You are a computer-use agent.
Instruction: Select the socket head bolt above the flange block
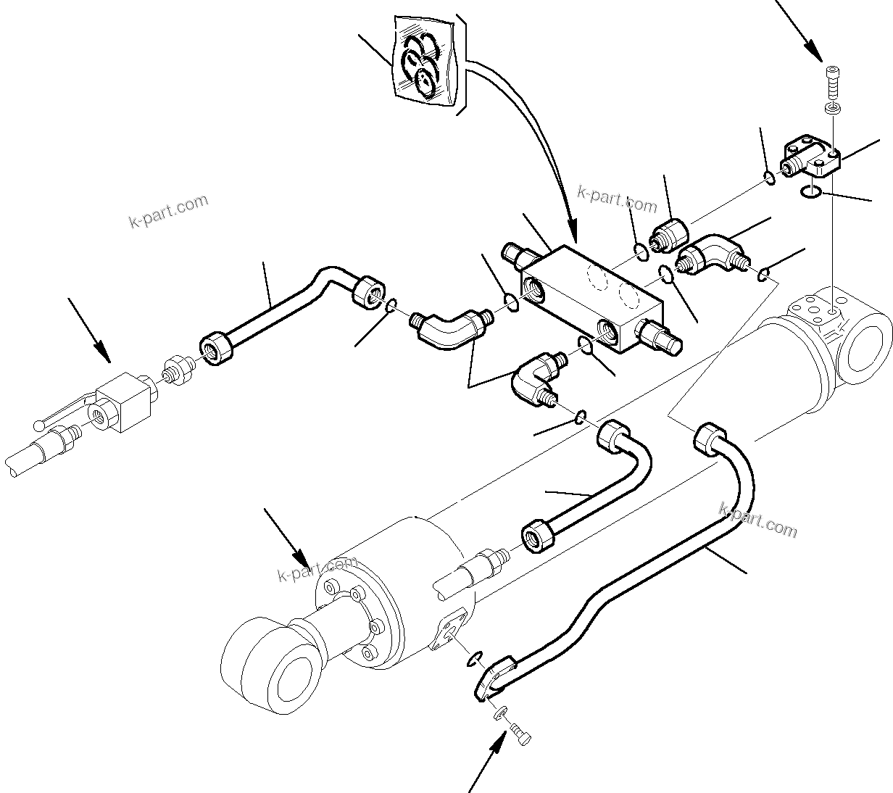[832, 81]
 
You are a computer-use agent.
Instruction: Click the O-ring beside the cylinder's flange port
[474, 657]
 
